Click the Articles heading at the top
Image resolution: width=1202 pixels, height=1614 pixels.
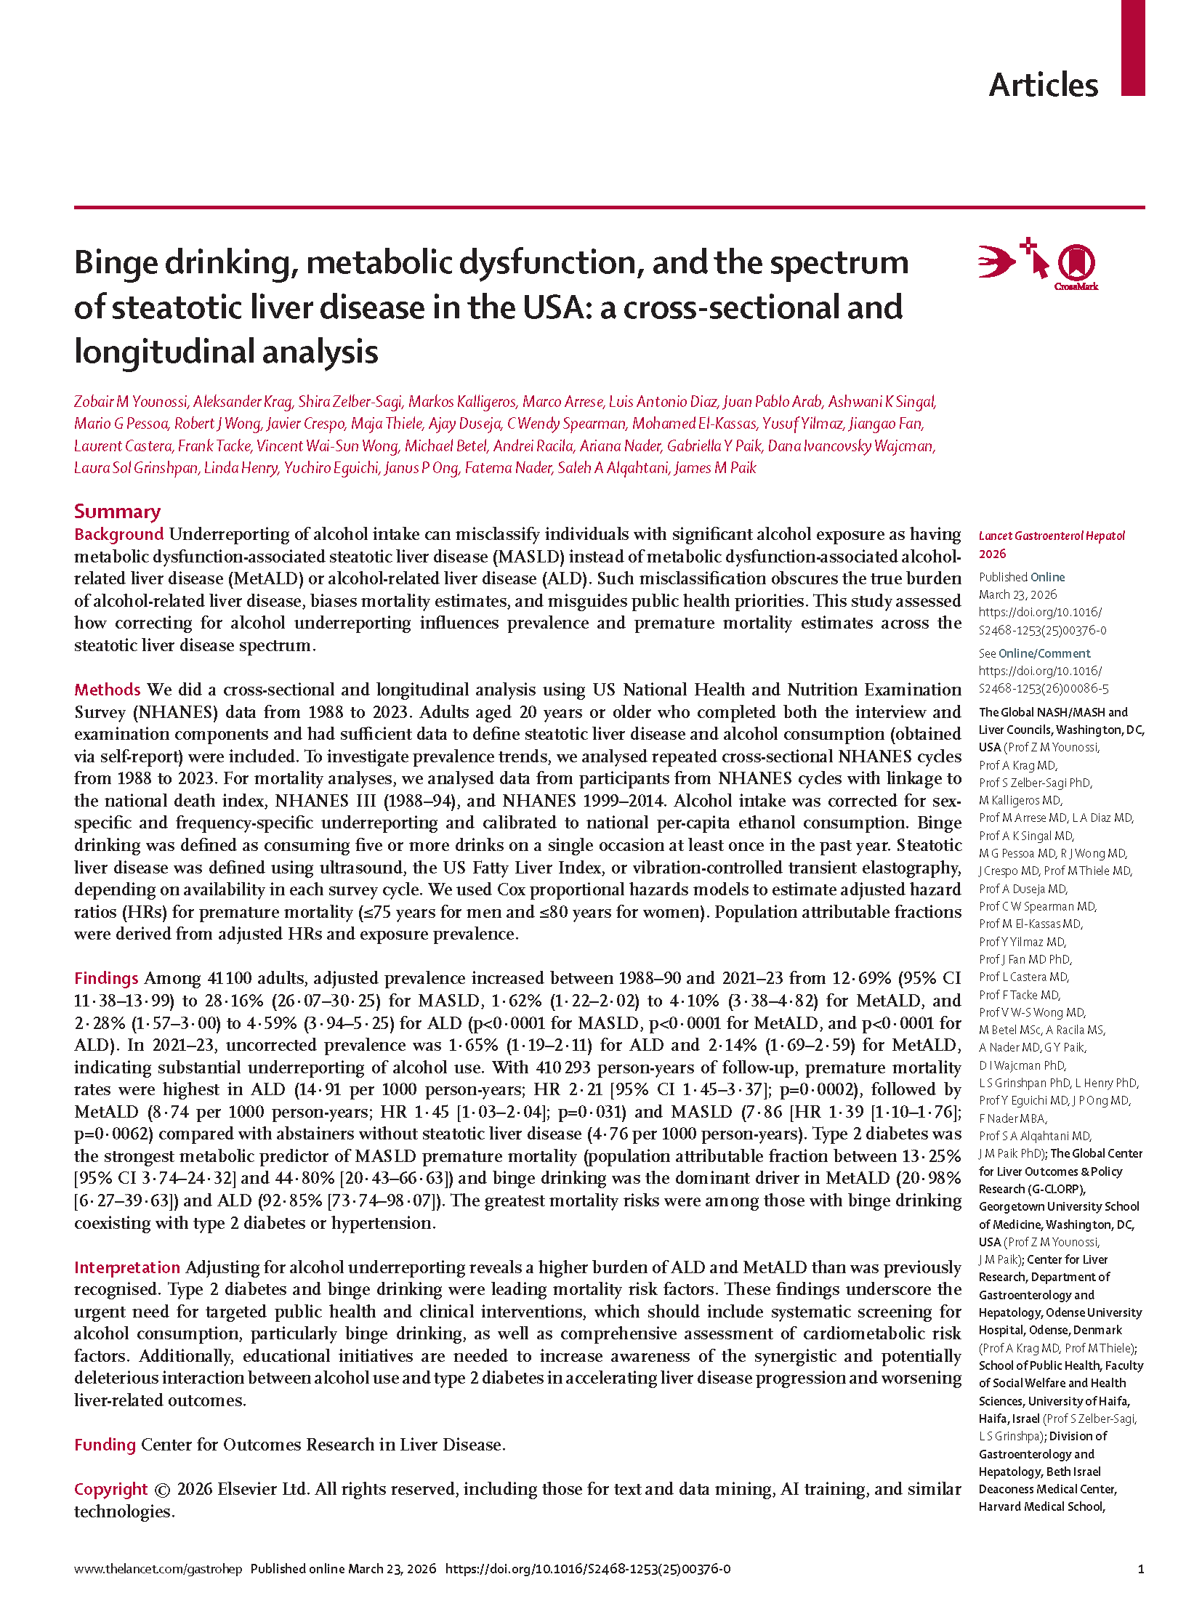pyautogui.click(x=1043, y=86)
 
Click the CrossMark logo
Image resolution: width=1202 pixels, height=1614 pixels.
pyautogui.click(x=1076, y=266)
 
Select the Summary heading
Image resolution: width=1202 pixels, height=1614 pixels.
pyautogui.click(x=117, y=512)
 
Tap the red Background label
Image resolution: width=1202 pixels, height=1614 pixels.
pyautogui.click(x=118, y=534)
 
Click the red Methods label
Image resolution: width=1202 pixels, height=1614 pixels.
pyautogui.click(x=107, y=690)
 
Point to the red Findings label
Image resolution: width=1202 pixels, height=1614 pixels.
pyautogui.click(x=106, y=979)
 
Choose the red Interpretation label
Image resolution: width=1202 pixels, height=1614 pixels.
pyautogui.click(x=126, y=1267)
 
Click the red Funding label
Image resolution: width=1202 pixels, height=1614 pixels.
pyautogui.click(x=105, y=1445)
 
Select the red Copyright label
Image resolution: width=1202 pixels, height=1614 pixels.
pyautogui.click(x=110, y=1490)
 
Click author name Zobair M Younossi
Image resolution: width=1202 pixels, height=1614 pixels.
pyautogui.click(x=131, y=402)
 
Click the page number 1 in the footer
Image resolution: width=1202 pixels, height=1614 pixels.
pyautogui.click(x=1140, y=1570)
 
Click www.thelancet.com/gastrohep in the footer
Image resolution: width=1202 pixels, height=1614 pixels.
pyautogui.click(x=158, y=1570)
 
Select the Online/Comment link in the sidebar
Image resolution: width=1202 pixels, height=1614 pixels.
pyautogui.click(x=1044, y=653)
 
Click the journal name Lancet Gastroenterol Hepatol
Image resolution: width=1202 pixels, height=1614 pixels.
pyautogui.click(x=1052, y=536)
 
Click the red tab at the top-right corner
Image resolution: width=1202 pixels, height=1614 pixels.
pyautogui.click(x=1132, y=47)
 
